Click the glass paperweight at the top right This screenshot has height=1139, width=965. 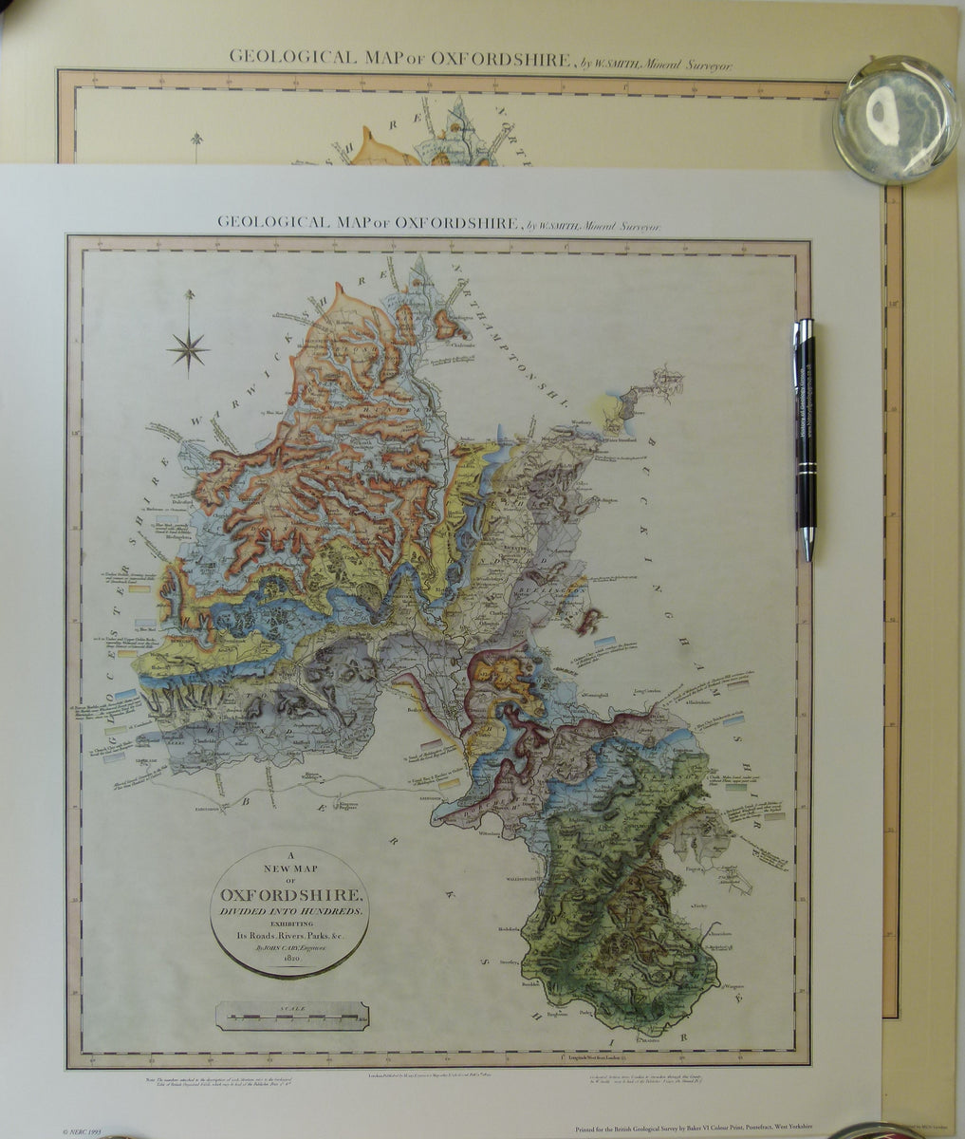click(896, 120)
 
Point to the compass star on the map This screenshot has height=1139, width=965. click(189, 349)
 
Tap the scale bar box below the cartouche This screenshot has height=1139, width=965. click(292, 1016)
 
